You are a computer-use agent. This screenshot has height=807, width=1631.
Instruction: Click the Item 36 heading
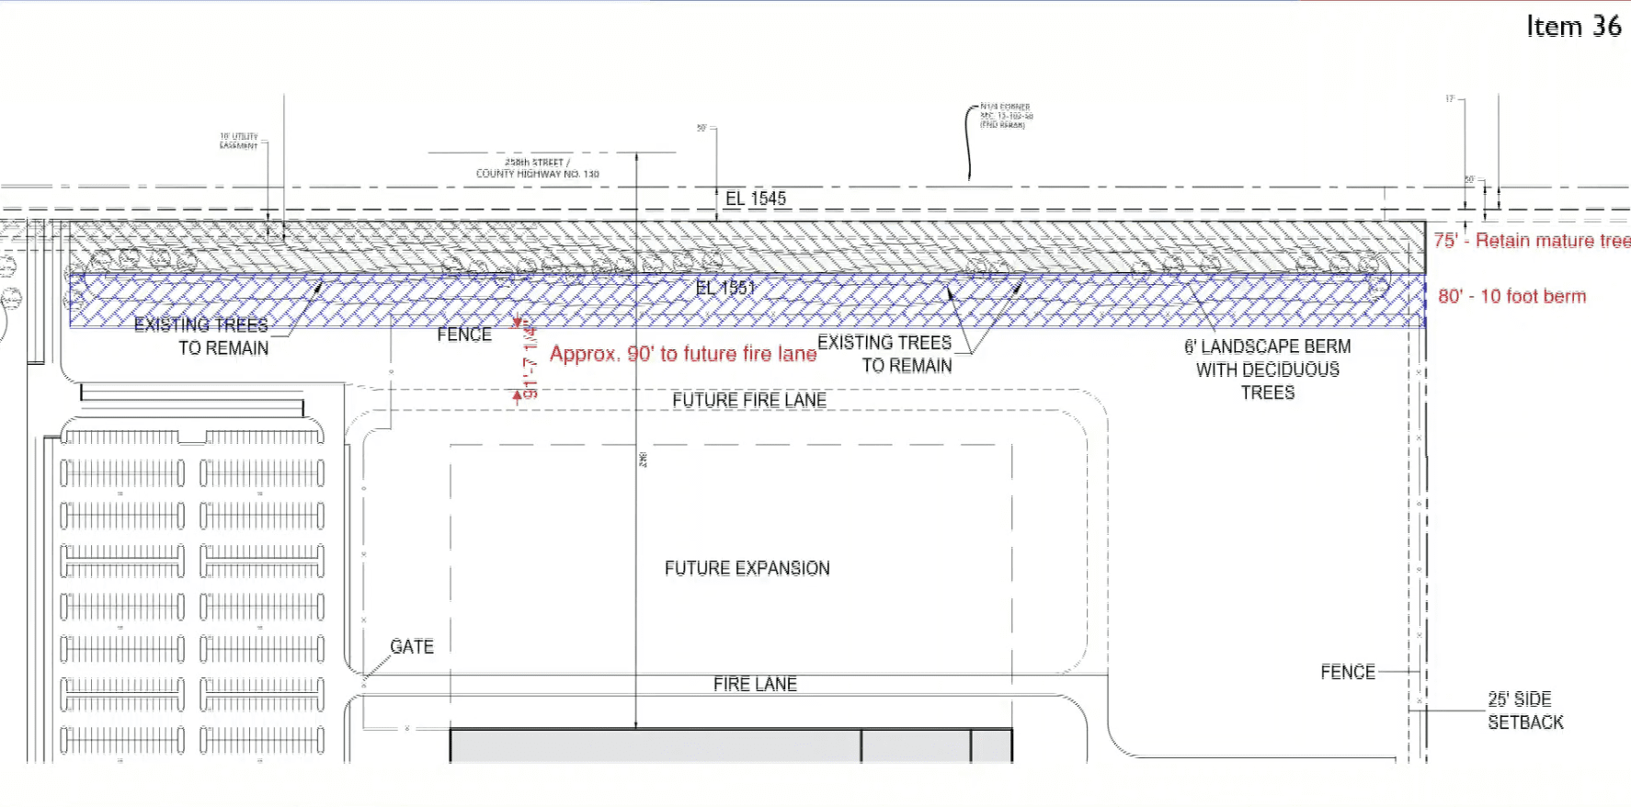tap(1573, 27)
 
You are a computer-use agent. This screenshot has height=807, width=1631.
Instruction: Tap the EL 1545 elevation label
tap(756, 199)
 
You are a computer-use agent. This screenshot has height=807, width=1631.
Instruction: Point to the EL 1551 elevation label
tap(725, 288)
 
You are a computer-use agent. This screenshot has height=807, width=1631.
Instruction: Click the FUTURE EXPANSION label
tap(747, 568)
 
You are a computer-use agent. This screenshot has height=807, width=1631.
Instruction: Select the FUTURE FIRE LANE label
tap(748, 400)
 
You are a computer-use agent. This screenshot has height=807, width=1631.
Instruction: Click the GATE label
tap(412, 646)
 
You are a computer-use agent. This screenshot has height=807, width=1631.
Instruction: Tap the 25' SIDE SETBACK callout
tap(1524, 710)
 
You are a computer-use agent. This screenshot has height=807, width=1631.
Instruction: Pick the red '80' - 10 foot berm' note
tap(1511, 296)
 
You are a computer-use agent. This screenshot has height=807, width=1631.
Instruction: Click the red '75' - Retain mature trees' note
tap(1532, 241)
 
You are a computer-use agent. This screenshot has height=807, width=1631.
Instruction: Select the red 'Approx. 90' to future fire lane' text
tap(683, 354)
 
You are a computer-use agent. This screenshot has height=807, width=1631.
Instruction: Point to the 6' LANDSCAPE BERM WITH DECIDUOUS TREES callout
tap(1268, 369)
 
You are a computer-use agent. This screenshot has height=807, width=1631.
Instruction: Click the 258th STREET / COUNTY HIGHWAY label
tap(537, 168)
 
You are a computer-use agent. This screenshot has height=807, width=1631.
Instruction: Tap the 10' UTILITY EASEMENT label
tap(238, 141)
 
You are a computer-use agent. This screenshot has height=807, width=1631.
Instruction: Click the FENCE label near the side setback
tap(1348, 672)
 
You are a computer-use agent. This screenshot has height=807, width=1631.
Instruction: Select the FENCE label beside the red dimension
tap(464, 335)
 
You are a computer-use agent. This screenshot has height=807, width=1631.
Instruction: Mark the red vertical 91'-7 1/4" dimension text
tap(530, 362)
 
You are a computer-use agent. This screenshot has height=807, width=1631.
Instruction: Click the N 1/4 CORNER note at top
tap(1006, 116)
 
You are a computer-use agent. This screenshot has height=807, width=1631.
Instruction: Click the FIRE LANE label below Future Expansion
tap(755, 684)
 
